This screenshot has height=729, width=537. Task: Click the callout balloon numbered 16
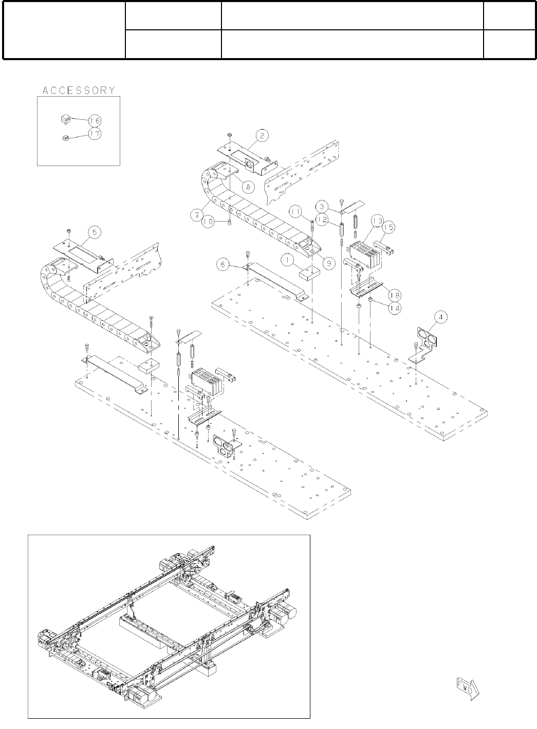95,121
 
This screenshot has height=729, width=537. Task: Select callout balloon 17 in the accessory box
95,134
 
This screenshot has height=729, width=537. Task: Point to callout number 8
248,187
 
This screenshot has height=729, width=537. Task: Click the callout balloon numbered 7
197,215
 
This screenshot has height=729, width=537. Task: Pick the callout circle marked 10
208,222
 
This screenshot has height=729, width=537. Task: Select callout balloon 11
296,212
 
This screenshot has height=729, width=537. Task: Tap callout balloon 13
378,221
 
